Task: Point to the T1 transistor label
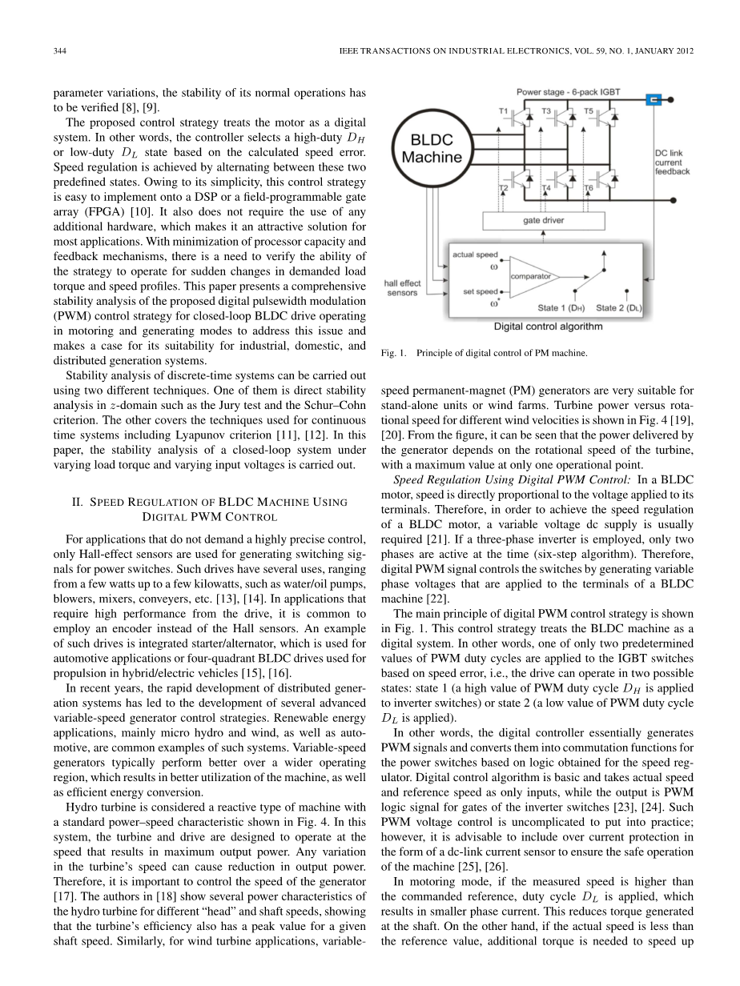point(504,110)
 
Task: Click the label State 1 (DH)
point(561,307)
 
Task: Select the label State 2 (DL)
point(620,307)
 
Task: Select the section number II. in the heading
point(78,502)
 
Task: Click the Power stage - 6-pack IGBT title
point(568,93)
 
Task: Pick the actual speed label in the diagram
point(476,255)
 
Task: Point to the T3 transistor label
point(546,110)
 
